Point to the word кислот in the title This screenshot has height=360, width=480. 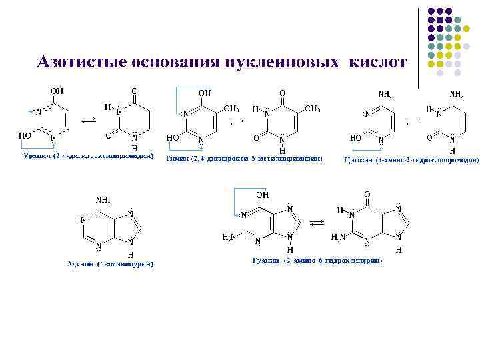point(377,62)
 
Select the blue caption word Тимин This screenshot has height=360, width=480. point(177,159)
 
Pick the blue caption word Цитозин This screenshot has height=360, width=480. point(358,159)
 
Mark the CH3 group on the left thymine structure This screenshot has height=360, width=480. point(231,107)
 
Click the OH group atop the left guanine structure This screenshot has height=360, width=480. point(263,195)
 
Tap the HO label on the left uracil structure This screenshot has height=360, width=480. point(25,135)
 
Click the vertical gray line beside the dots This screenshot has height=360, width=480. point(419,47)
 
